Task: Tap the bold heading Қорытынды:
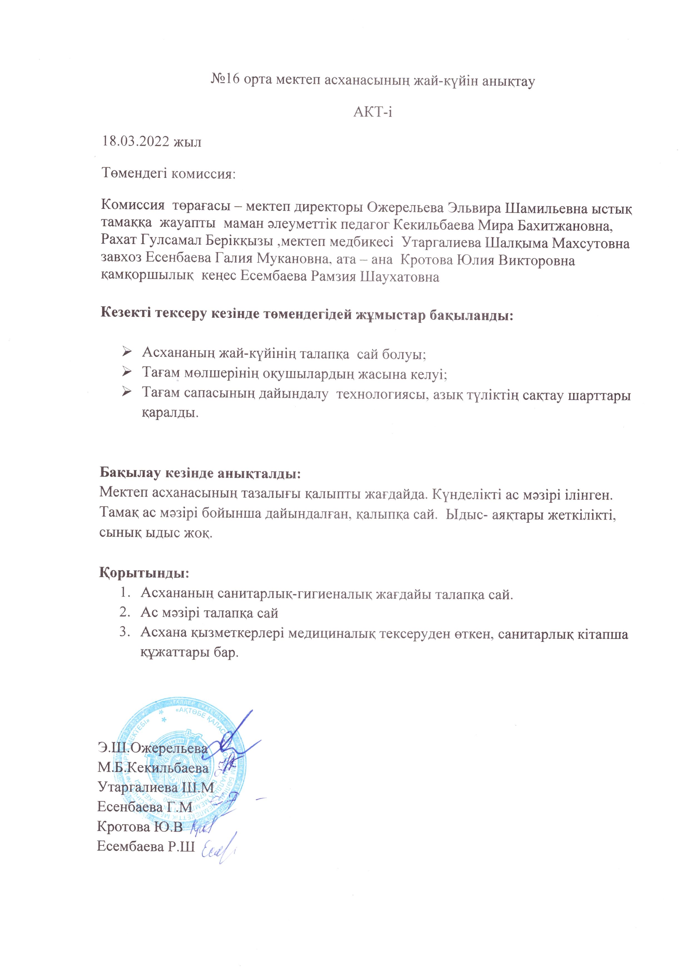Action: (144, 572)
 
